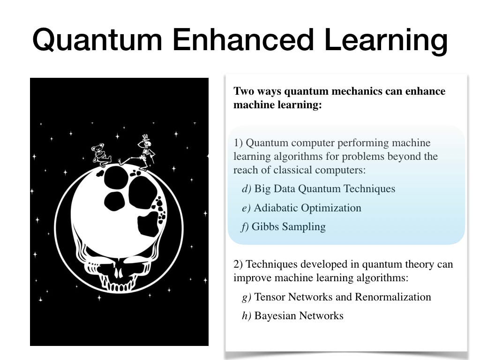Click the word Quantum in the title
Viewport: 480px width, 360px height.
click(97, 40)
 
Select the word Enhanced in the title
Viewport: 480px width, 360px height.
click(243, 39)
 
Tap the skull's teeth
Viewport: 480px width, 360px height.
click(118, 286)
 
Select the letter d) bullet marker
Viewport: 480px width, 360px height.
click(247, 188)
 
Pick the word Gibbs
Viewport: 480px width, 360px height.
click(265, 226)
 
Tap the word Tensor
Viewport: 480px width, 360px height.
click(270, 297)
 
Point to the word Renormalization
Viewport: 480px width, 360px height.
click(393, 297)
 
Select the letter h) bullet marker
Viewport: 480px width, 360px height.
click(247, 315)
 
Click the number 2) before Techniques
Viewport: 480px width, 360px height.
click(238, 264)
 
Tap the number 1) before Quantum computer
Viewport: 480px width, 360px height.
click(238, 142)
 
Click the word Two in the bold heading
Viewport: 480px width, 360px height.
click(244, 91)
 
